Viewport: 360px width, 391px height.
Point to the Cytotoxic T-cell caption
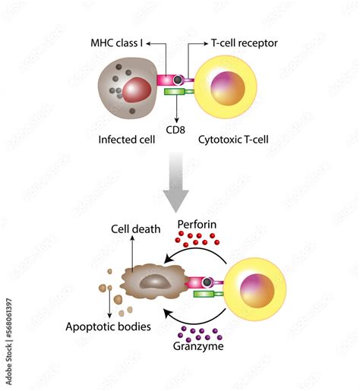coord(234,140)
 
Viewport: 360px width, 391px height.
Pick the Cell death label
coord(135,229)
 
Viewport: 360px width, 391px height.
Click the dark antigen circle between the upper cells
coord(178,80)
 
